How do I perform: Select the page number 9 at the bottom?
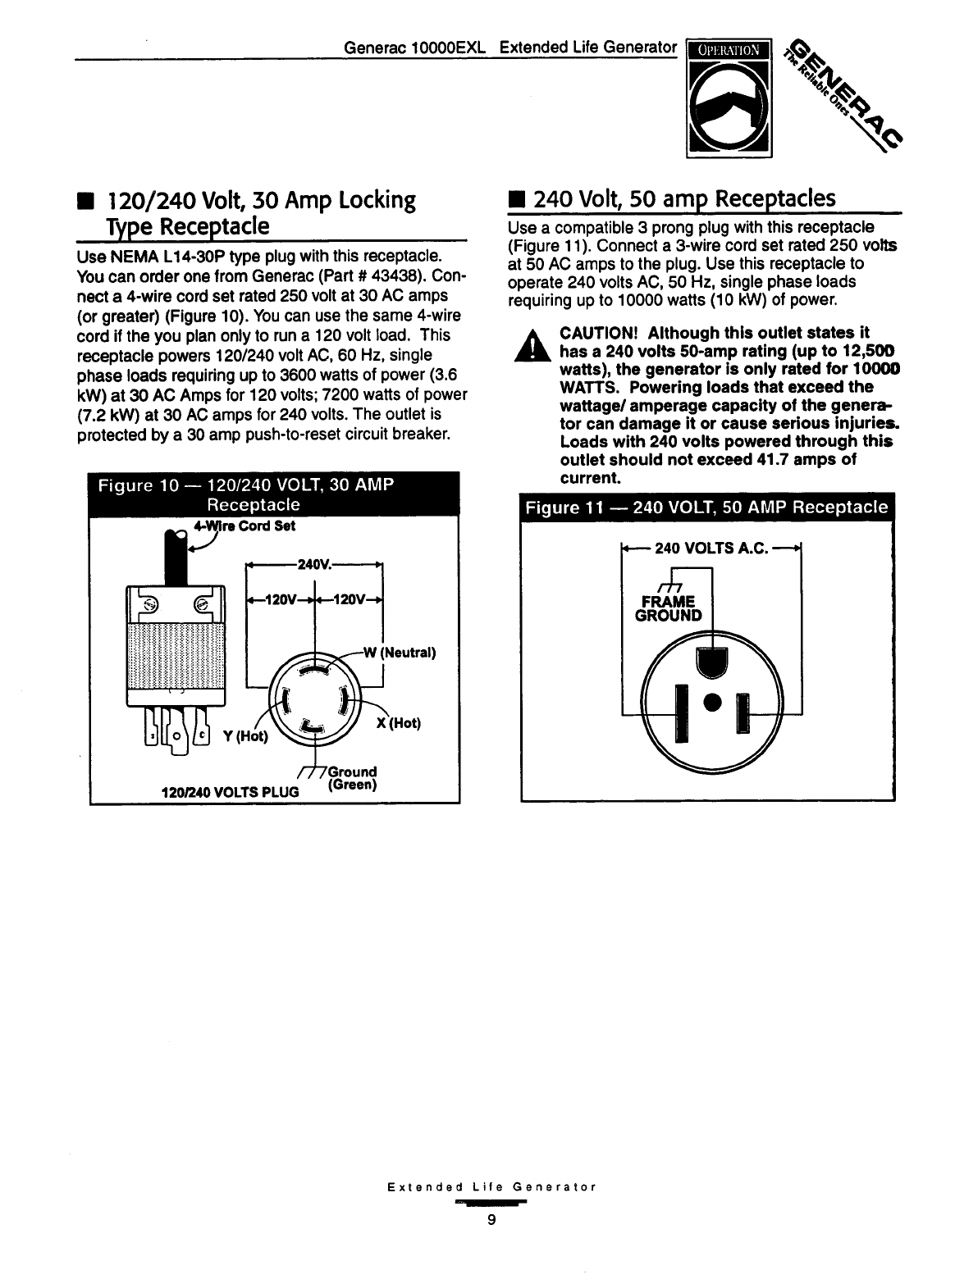(491, 1219)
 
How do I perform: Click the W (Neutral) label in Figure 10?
(400, 653)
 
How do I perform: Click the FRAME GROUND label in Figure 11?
(669, 607)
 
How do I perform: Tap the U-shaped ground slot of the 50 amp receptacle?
(711, 662)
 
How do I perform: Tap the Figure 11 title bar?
(706, 508)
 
